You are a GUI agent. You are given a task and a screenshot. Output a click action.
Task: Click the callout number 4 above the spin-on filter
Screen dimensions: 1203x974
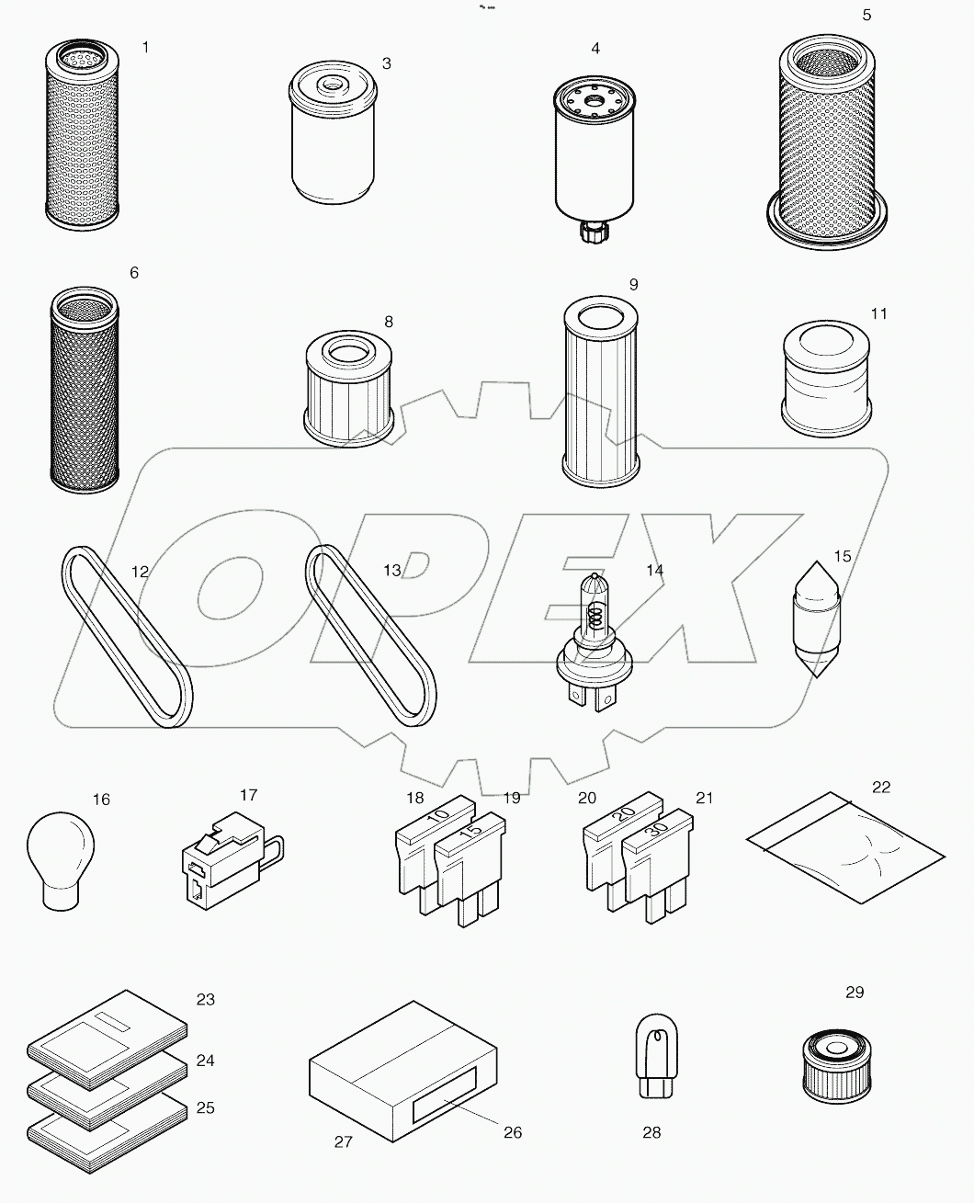[x=595, y=48]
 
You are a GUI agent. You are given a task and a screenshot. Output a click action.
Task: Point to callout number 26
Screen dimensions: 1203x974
[x=513, y=1132]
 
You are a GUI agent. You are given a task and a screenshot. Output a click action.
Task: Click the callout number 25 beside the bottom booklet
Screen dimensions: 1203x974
[x=206, y=1108]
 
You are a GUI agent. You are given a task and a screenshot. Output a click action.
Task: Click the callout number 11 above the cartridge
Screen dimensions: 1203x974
[x=878, y=314]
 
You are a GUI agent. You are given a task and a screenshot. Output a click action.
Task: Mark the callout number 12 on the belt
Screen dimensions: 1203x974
[x=140, y=571]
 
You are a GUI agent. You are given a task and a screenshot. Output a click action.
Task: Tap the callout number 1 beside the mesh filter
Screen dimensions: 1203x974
[x=145, y=47]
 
